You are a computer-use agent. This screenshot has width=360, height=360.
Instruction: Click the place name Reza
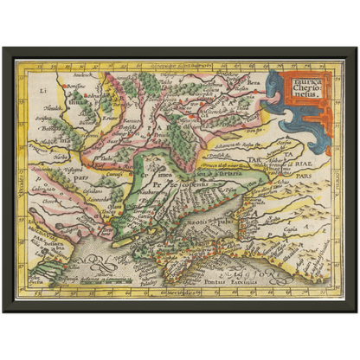(x=254, y=83)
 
